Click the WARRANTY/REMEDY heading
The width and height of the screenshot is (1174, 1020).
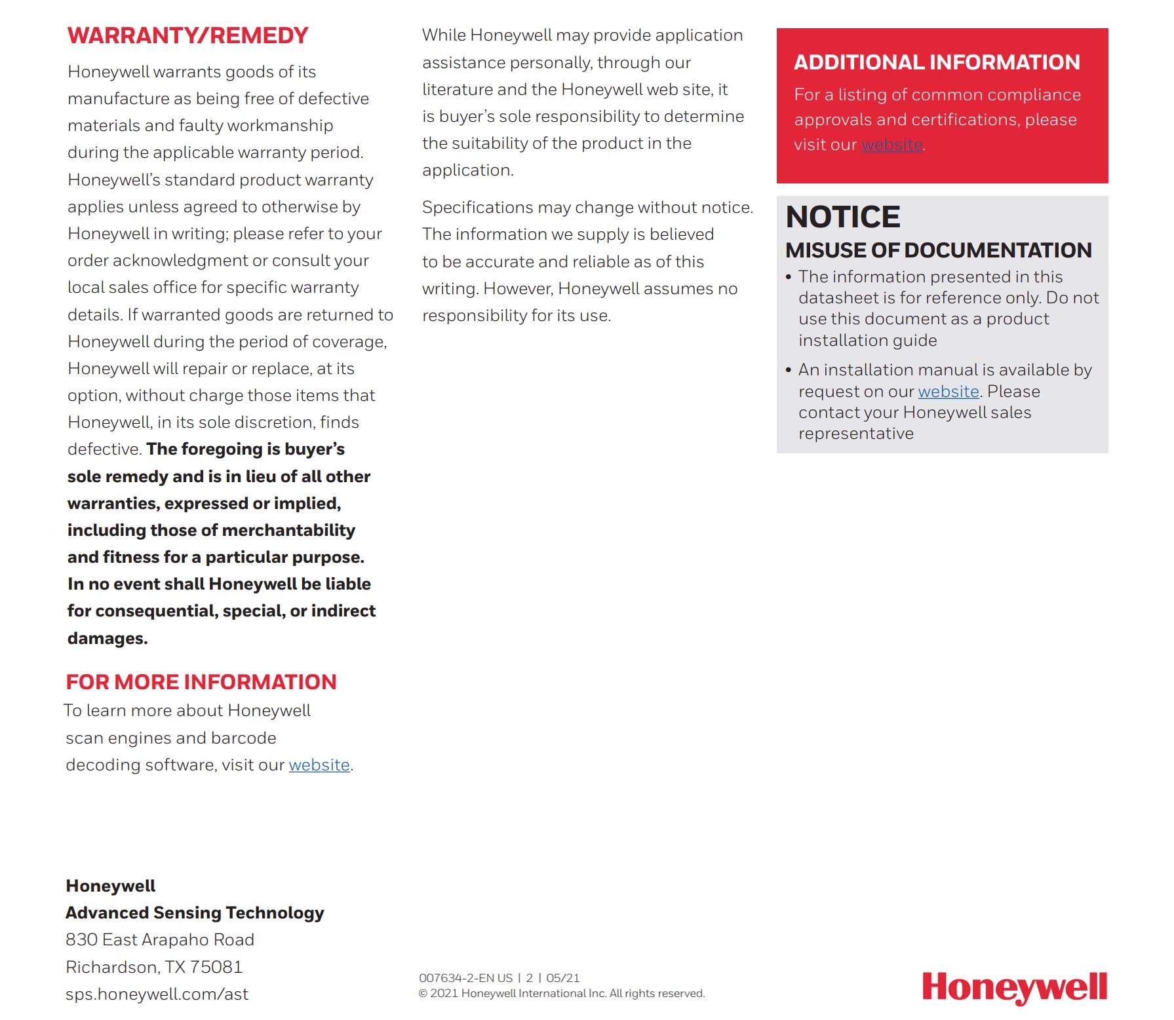[187, 35]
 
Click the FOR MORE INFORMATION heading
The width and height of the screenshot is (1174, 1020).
[201, 682]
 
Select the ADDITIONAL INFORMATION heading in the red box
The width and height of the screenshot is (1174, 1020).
[937, 62]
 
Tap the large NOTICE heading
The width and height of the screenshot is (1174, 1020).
[843, 217]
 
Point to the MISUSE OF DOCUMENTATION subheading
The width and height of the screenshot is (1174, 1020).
[938, 250]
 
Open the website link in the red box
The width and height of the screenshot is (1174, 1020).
[891, 145]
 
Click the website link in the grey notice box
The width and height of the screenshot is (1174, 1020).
[948, 392]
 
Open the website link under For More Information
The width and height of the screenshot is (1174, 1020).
[319, 765]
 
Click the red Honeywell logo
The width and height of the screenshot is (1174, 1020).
[1014, 987]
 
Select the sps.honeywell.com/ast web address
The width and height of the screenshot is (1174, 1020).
[157, 994]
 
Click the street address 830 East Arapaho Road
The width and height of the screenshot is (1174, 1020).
[159, 940]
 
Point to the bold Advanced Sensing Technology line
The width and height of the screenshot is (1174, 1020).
[195, 913]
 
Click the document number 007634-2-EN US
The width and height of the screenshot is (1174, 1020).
[465, 978]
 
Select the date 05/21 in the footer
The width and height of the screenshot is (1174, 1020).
[563, 978]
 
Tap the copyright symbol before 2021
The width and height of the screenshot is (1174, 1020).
[423, 994]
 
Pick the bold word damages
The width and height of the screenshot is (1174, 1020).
[108, 638]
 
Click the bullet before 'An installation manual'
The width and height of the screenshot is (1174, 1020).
[789, 370]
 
